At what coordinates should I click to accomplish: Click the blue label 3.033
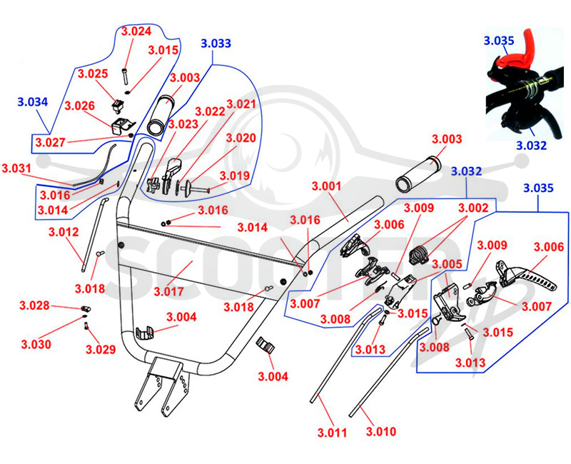(x=216, y=44)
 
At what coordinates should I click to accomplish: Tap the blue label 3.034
(x=33, y=102)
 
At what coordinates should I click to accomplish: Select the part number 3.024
(x=136, y=31)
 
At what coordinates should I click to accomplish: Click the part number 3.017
(x=168, y=292)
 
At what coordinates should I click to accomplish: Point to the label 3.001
(x=327, y=186)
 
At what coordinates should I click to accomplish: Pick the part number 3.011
(x=332, y=433)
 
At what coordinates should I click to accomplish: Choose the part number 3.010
(x=381, y=432)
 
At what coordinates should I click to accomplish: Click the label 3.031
(x=16, y=168)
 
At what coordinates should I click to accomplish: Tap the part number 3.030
(x=36, y=344)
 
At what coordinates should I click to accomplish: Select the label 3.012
(x=64, y=232)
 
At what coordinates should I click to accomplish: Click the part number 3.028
(x=34, y=306)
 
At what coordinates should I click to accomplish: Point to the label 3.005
(x=448, y=264)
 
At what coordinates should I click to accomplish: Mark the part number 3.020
(x=241, y=138)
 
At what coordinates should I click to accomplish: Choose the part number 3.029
(x=101, y=349)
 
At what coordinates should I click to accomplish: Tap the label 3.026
(x=80, y=106)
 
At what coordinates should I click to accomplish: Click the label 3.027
(x=50, y=142)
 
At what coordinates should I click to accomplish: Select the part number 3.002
(x=473, y=208)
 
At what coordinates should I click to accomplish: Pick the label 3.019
(x=236, y=176)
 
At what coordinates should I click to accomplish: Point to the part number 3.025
(x=93, y=74)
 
